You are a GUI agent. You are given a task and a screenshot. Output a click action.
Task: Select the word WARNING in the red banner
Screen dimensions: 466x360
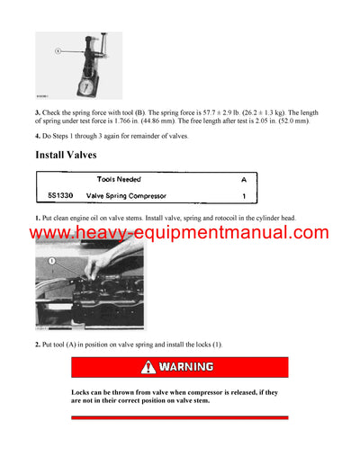click(186, 367)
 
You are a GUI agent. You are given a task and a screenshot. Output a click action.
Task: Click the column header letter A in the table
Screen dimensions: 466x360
click(242, 179)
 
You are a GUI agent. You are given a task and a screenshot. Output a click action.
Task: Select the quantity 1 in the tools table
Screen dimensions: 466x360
click(242, 195)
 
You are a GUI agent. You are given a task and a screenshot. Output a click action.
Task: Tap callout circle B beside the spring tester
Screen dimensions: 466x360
click(57, 51)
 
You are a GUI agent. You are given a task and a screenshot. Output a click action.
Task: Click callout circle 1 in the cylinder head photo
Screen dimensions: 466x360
click(52, 261)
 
